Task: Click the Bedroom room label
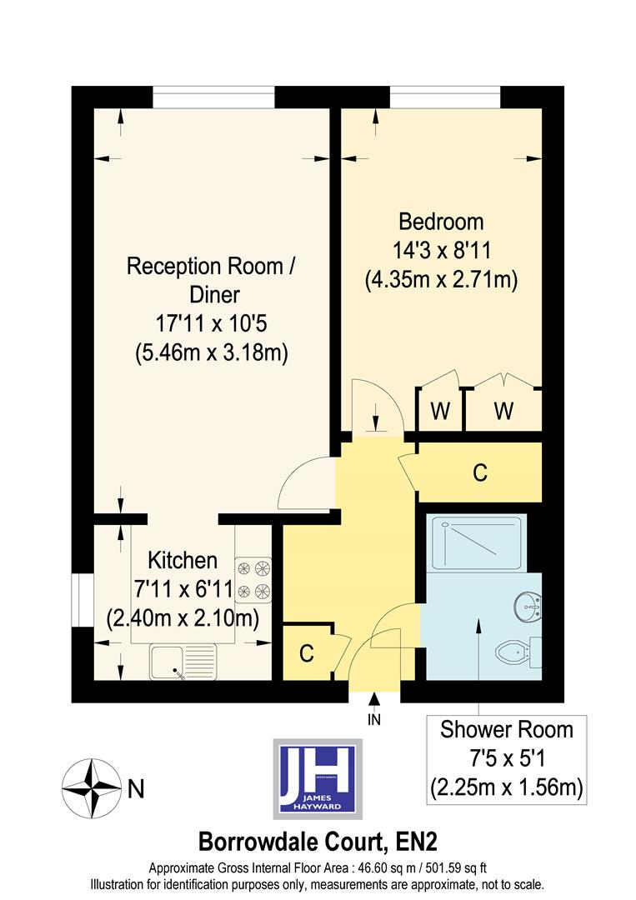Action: pyautogui.click(x=441, y=222)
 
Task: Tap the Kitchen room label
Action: pyautogui.click(x=183, y=560)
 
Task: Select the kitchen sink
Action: pyautogui.click(x=183, y=662)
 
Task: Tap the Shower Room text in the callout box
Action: pyautogui.click(x=507, y=730)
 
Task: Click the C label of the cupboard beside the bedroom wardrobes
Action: pyautogui.click(x=479, y=472)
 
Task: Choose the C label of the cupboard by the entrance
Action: pyautogui.click(x=307, y=654)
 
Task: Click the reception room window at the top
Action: pyautogui.click(x=213, y=97)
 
